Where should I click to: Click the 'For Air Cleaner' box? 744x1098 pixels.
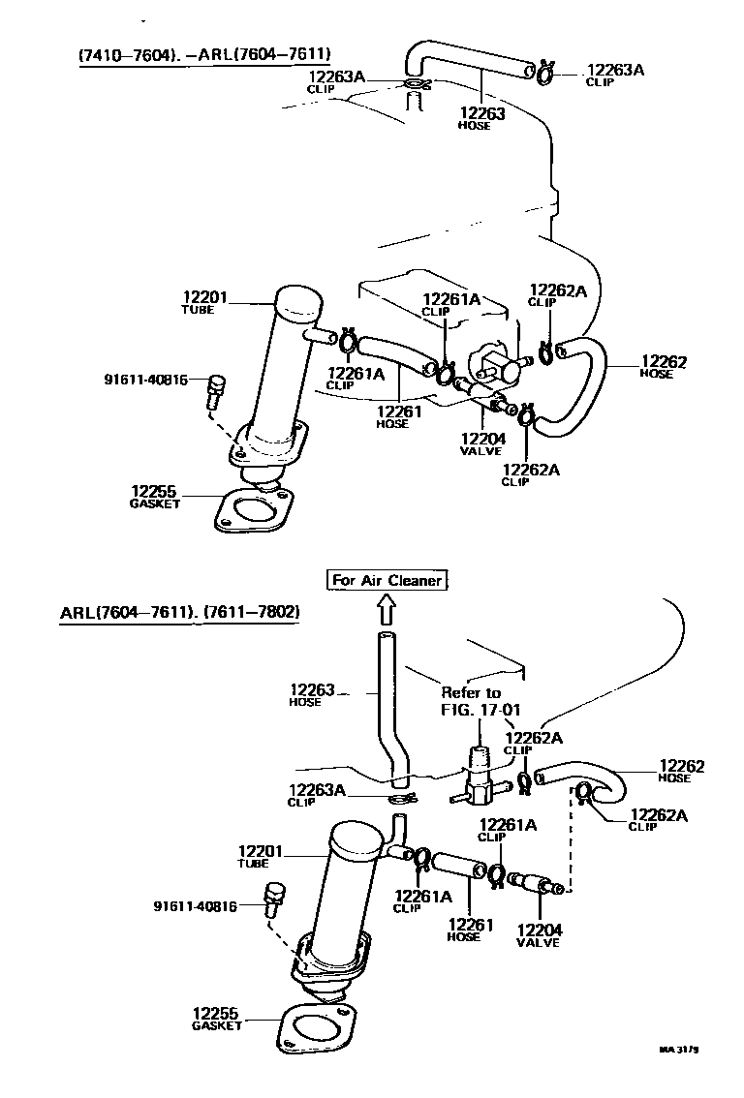[x=387, y=581]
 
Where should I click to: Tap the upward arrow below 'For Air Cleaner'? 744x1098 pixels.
[x=387, y=609]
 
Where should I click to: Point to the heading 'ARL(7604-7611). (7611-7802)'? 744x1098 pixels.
[x=180, y=613]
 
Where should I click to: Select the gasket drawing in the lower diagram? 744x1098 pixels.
[x=316, y=1028]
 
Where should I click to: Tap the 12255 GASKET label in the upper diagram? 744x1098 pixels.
[x=155, y=497]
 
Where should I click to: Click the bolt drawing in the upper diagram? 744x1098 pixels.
[x=215, y=392]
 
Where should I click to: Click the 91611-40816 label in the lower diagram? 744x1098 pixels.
[x=195, y=906]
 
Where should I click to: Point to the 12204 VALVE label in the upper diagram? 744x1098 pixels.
[x=481, y=443]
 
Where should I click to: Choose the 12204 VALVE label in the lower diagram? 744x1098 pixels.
[x=539, y=935]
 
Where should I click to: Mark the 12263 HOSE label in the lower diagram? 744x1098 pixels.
[x=311, y=695]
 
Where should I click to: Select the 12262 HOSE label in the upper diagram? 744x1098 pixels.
[x=663, y=367]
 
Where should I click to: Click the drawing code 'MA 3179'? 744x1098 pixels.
[x=680, y=1049]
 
